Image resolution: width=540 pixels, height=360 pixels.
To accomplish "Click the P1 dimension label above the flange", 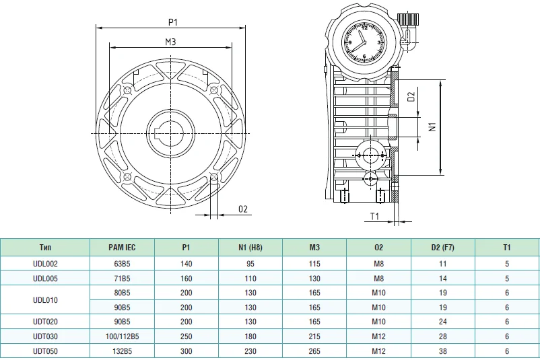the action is [173, 22].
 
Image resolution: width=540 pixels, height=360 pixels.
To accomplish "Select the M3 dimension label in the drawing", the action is [170, 42].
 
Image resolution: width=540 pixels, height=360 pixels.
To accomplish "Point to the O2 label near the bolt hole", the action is [243, 209].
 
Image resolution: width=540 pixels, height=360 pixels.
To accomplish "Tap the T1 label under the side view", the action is [374, 216].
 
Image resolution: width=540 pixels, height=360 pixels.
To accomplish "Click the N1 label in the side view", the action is [432, 127].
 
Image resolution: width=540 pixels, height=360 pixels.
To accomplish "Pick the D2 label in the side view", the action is [411, 97].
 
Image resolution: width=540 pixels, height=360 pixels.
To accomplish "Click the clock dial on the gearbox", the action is [364, 42].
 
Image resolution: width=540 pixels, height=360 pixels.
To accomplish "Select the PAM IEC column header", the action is [122, 248].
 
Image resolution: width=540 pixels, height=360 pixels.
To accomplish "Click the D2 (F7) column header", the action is [442, 248].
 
